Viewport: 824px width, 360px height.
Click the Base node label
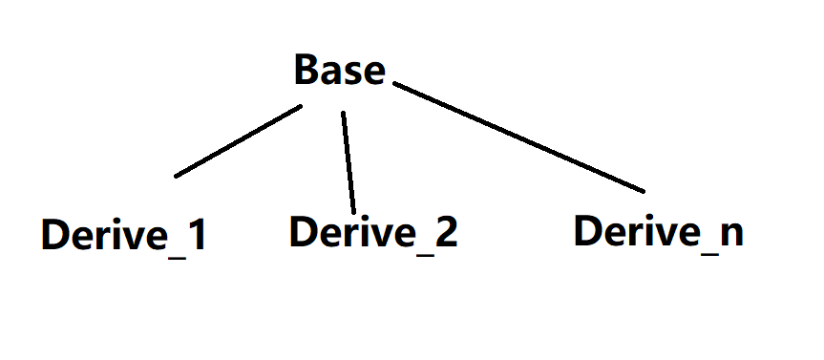click(340, 71)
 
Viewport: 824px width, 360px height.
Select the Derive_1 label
click(123, 235)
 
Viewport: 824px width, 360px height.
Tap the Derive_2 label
click(373, 231)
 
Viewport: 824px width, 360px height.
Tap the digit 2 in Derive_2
click(446, 231)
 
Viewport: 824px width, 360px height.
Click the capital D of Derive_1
click(55, 235)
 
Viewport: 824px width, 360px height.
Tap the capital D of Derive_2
click(305, 231)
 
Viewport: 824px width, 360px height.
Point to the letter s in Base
click(352, 74)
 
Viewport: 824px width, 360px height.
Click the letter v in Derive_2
click(375, 234)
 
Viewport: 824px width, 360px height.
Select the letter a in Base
click(330, 74)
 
